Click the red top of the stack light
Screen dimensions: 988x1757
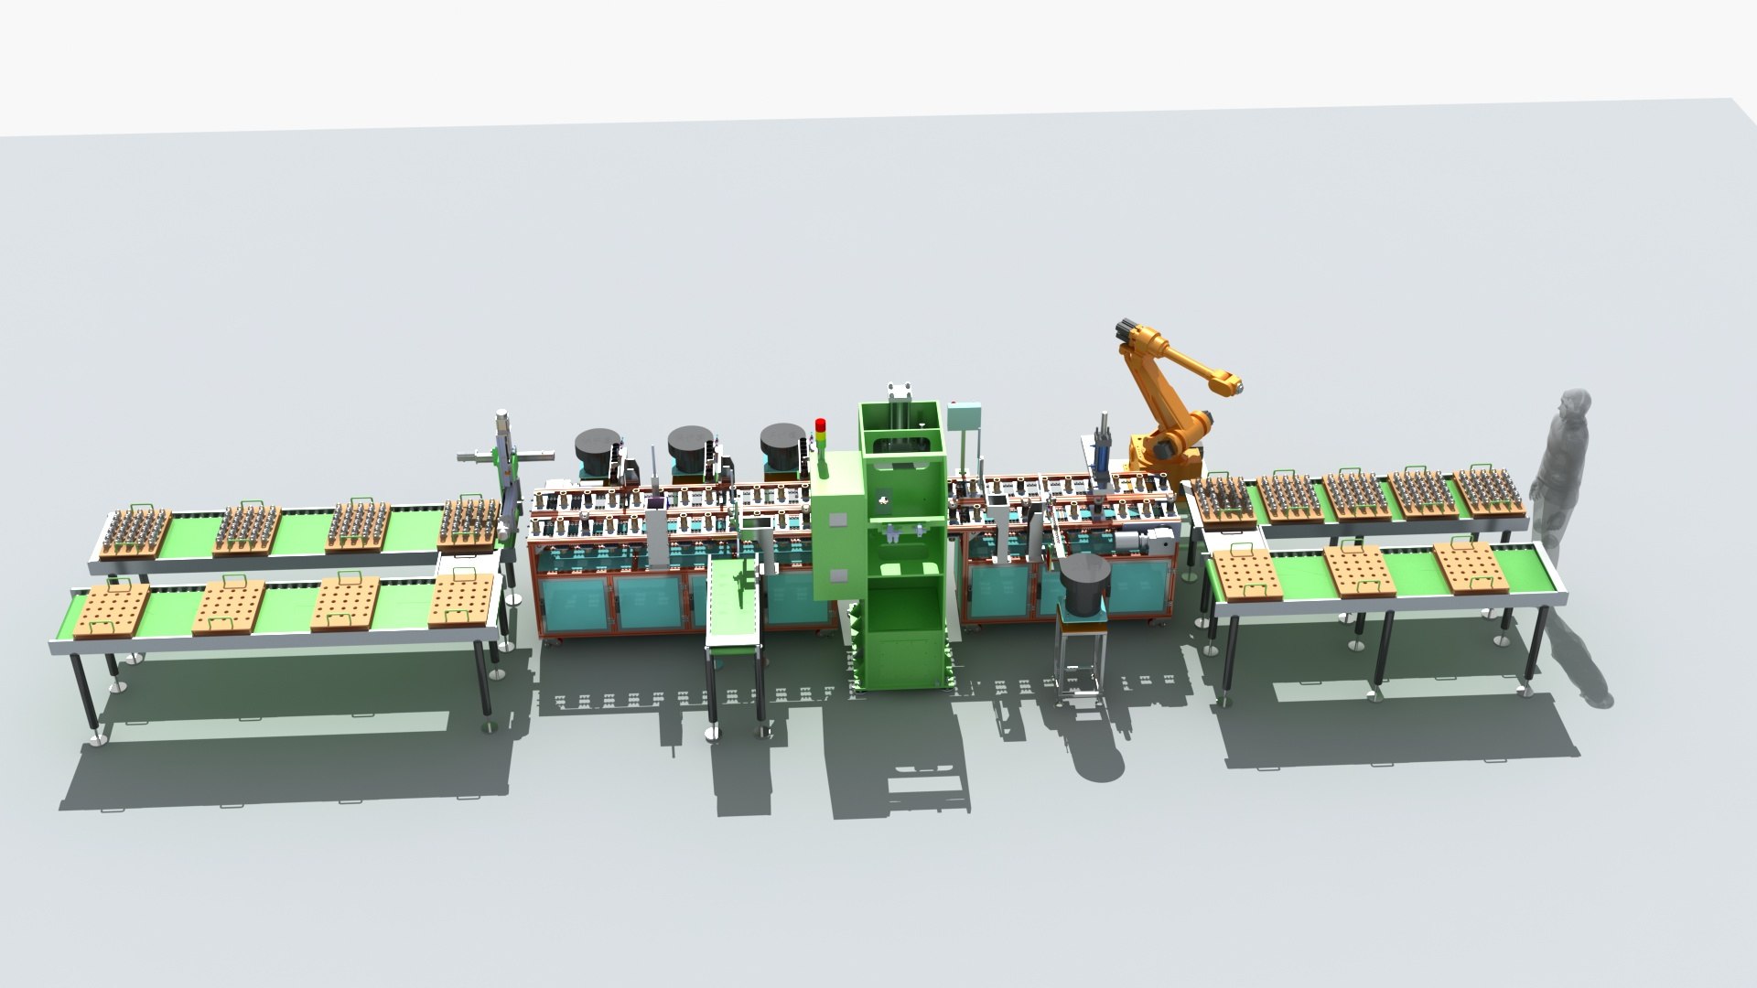(x=820, y=424)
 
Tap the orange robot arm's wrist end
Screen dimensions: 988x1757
(x=1232, y=386)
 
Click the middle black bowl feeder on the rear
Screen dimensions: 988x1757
(x=691, y=448)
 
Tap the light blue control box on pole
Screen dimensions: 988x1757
(x=965, y=419)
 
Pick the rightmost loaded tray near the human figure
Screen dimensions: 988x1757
(x=1487, y=491)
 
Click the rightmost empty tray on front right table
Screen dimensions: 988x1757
(x=1469, y=564)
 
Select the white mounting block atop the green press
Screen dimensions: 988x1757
(x=900, y=392)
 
